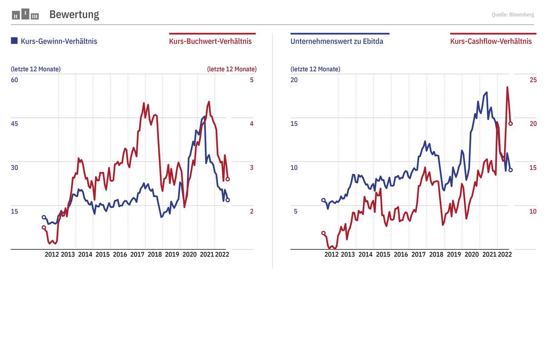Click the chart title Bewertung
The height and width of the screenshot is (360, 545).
(x=74, y=15)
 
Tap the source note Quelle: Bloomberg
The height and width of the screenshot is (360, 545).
(x=513, y=15)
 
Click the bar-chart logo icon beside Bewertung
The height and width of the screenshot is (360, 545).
(x=25, y=15)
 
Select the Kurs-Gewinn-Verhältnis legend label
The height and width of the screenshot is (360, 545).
(x=59, y=41)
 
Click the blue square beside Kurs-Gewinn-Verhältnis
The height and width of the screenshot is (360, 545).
(x=14, y=41)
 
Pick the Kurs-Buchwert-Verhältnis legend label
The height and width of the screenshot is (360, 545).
(x=210, y=41)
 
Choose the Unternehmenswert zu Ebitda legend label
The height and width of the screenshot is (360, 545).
(x=337, y=41)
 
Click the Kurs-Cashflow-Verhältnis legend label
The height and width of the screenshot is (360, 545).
(x=491, y=41)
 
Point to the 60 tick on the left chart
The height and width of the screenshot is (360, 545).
(x=15, y=80)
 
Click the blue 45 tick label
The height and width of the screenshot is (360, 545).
(x=15, y=124)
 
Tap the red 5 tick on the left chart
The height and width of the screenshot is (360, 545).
(x=252, y=80)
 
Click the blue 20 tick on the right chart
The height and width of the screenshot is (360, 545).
(x=294, y=80)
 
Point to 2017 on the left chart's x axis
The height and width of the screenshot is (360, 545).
(x=137, y=255)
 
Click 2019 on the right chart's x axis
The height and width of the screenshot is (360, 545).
(x=454, y=255)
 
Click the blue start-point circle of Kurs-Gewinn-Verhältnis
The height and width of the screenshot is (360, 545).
(x=44, y=217)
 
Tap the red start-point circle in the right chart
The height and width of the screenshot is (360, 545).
(x=323, y=233)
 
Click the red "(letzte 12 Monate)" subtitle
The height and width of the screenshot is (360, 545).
(x=232, y=69)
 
